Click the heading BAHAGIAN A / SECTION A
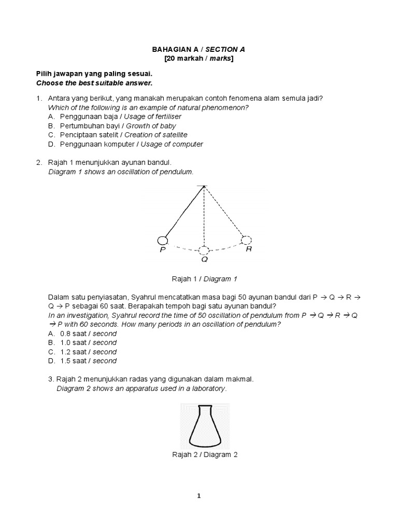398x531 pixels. [x=198, y=49]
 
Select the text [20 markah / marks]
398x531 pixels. [x=198, y=59]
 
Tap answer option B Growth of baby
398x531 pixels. [x=118, y=125]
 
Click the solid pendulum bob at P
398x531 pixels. [x=162, y=240]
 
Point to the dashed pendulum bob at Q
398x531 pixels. [x=205, y=250]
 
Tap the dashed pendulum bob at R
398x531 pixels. [x=247, y=240]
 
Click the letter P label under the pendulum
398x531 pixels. [x=162, y=250]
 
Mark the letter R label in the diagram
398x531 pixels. [x=248, y=249]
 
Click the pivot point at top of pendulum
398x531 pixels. [x=205, y=186]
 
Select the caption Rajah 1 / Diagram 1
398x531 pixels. [x=204, y=279]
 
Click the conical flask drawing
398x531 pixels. [x=204, y=426]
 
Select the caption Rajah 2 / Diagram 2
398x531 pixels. [x=204, y=455]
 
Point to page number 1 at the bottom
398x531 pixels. [x=198, y=496]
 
